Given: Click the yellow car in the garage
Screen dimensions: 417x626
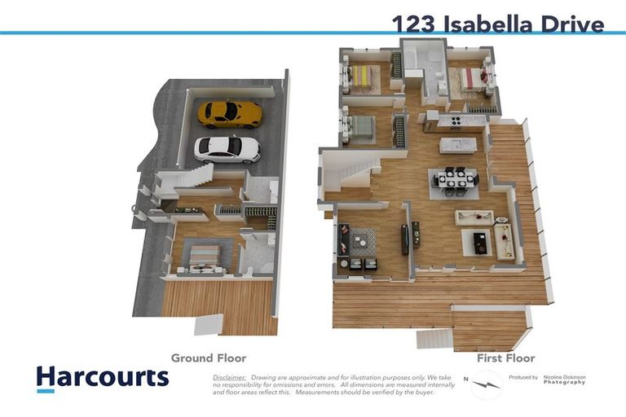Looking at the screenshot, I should pyautogui.click(x=230, y=113).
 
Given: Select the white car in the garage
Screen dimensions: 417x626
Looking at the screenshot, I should pyautogui.click(x=227, y=149).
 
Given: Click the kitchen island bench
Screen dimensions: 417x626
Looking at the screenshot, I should pyautogui.click(x=457, y=145).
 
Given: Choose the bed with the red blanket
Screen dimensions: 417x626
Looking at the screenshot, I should pyautogui.click(x=471, y=78).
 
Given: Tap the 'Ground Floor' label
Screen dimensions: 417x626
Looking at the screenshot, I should pyautogui.click(x=208, y=358).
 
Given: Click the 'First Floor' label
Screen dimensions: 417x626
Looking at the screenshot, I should pyautogui.click(x=505, y=358).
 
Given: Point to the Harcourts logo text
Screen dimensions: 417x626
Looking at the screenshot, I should pyautogui.click(x=103, y=377).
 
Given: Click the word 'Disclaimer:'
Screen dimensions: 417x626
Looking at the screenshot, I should pyautogui.click(x=229, y=378).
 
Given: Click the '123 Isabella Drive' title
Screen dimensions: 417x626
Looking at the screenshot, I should pyautogui.click(x=497, y=23).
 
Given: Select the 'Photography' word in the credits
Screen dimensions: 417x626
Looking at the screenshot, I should pyautogui.click(x=564, y=382).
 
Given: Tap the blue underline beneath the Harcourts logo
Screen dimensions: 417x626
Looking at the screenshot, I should pyautogui.click(x=46, y=391).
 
